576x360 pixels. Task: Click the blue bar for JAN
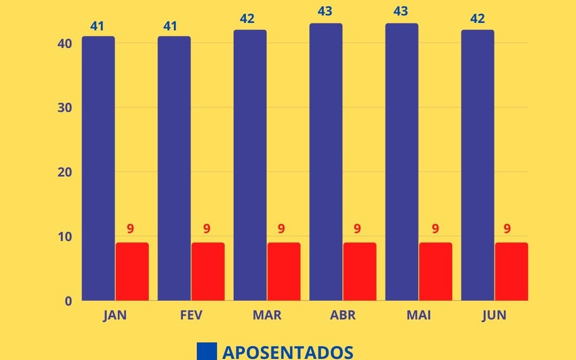98,169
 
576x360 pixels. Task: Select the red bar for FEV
207,271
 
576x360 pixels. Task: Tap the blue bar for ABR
326,162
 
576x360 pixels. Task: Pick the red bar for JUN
511,271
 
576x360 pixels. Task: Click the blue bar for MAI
402,162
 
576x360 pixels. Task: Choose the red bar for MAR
284,271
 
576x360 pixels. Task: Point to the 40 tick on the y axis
65,43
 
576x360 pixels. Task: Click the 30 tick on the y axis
65,108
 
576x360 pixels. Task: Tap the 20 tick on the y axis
65,172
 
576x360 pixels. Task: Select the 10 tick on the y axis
65,237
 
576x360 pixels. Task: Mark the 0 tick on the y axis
68,301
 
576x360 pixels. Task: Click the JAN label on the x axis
115,316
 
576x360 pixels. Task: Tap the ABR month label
342,316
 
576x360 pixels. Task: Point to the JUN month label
494,316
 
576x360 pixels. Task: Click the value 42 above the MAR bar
247,19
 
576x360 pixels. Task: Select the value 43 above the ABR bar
324,11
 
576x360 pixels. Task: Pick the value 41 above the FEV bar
171,26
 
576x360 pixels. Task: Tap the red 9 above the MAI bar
435,229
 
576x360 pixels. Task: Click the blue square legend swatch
207,351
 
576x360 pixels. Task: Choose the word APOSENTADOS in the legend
287,352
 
